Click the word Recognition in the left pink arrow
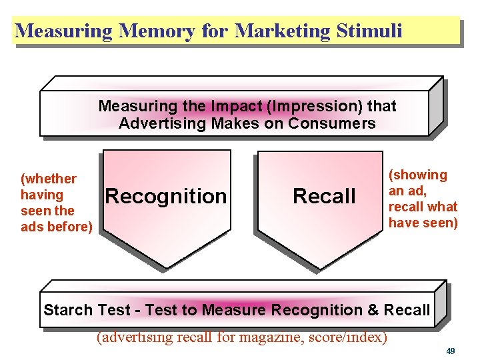[166, 196]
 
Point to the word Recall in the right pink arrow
[324, 196]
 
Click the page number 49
[451, 350]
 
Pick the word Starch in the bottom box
[67, 310]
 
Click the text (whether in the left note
[49, 179]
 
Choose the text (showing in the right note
[418, 175]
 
